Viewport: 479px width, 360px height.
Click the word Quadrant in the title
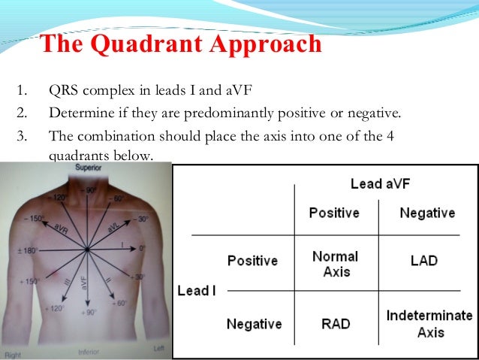[x=152, y=45]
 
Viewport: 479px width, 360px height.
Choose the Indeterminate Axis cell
[x=429, y=323]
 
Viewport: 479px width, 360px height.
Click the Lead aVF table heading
[x=381, y=183]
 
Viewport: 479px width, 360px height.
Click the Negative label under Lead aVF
[x=427, y=213]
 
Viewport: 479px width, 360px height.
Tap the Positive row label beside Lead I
[x=252, y=262]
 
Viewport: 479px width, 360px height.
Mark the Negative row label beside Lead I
[x=254, y=324]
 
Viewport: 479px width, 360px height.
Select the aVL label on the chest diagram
[x=112, y=225]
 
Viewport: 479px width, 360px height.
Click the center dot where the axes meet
[x=88, y=249]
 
